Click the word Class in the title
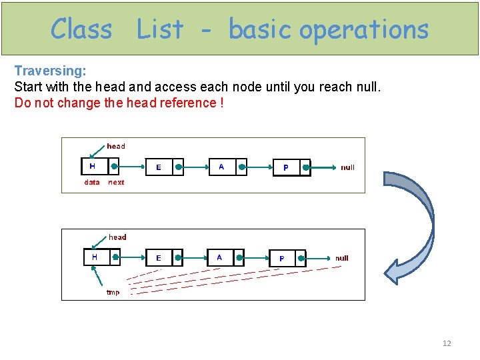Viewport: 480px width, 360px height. [81, 29]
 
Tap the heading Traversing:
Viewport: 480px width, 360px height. [51, 71]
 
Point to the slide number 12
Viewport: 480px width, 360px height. [447, 343]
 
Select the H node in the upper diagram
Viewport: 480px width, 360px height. [101, 167]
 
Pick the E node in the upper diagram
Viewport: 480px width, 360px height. [165, 167]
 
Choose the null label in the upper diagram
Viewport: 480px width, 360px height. [347, 167]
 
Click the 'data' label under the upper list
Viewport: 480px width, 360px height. [92, 182]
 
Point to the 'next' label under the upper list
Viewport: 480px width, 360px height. [116, 182]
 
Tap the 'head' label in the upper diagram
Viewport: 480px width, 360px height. [116, 146]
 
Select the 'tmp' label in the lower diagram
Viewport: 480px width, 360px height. [113, 292]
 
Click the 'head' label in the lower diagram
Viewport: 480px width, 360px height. [117, 237]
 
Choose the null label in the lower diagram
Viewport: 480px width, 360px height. [341, 258]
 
